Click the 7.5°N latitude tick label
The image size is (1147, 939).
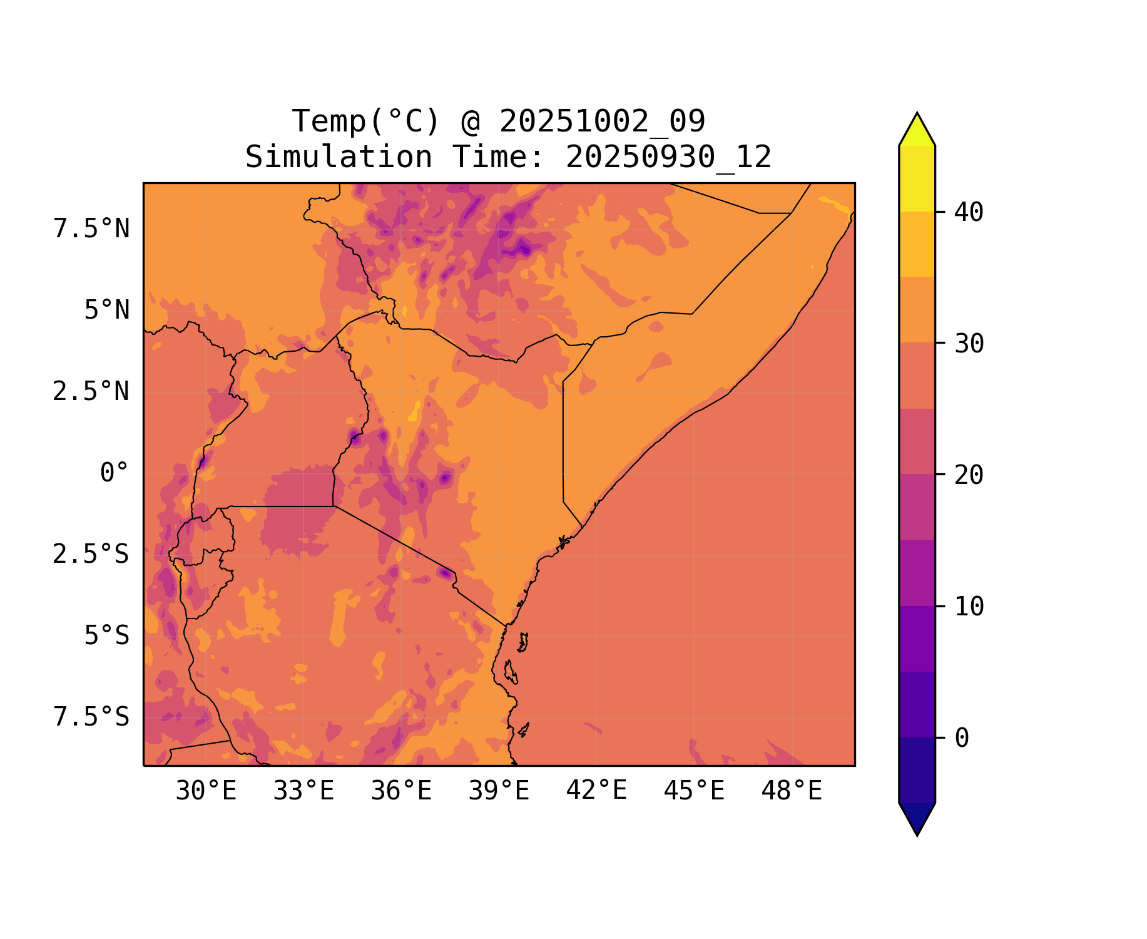(x=91, y=229)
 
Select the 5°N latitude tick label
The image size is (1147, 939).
(x=106, y=310)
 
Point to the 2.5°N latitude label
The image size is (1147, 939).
(x=91, y=392)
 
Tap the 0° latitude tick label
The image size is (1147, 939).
(x=114, y=473)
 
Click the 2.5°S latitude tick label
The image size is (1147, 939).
(x=91, y=555)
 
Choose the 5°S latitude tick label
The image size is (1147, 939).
(x=106, y=636)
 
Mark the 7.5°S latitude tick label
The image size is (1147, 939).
(x=91, y=717)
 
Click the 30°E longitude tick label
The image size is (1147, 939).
(x=206, y=791)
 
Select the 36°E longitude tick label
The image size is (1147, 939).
(x=401, y=791)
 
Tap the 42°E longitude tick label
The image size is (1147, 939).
(x=596, y=791)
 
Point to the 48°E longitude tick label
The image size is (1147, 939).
(x=792, y=791)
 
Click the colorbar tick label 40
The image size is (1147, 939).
(x=969, y=212)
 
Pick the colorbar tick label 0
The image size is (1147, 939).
(x=962, y=739)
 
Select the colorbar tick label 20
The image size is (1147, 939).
(x=969, y=475)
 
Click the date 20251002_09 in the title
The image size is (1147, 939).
(x=602, y=121)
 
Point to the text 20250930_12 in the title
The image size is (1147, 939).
(x=668, y=157)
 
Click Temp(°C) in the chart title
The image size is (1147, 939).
(x=366, y=121)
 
